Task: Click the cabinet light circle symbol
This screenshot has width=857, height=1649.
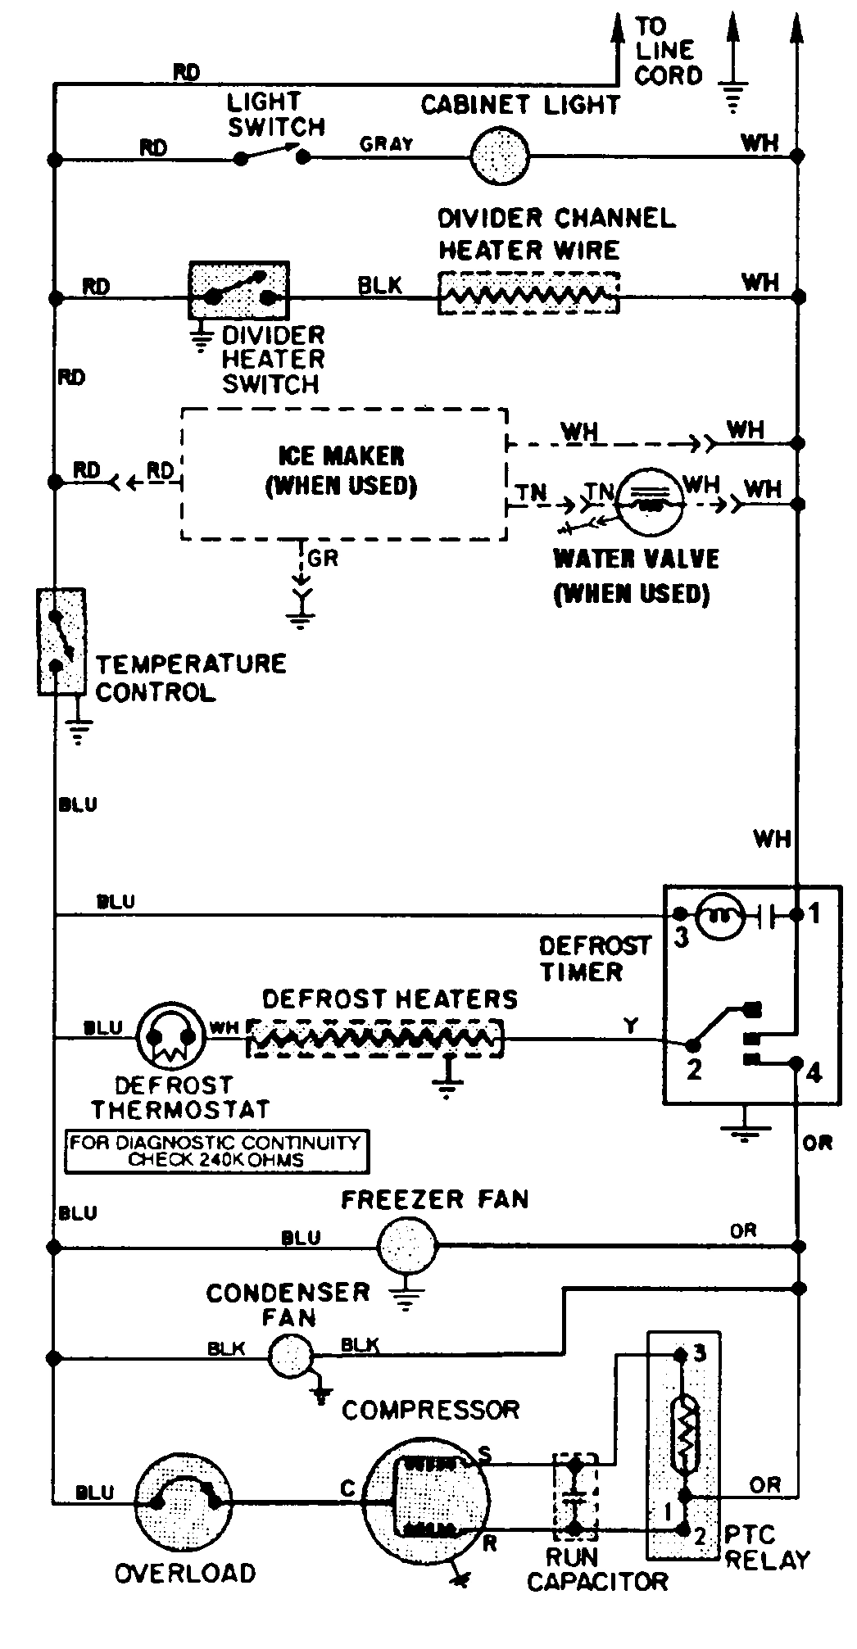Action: click(x=500, y=154)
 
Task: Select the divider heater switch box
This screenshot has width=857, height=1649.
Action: click(x=239, y=291)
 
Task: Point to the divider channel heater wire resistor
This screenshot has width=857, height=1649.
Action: click(x=528, y=292)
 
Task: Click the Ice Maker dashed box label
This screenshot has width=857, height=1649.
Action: click(x=342, y=471)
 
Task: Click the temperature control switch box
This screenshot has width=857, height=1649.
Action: click(x=61, y=641)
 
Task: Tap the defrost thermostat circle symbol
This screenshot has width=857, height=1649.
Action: click(x=170, y=1037)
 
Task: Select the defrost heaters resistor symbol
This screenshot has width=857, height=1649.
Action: click(x=374, y=1039)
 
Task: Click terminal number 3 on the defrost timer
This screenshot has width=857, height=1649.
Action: click(x=682, y=939)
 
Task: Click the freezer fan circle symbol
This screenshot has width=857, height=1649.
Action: click(x=407, y=1246)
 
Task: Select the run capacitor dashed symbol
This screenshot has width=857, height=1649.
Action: click(x=575, y=1496)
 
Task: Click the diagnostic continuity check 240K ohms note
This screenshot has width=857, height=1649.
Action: click(x=216, y=1151)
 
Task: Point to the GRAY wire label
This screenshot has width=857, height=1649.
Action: click(x=387, y=144)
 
